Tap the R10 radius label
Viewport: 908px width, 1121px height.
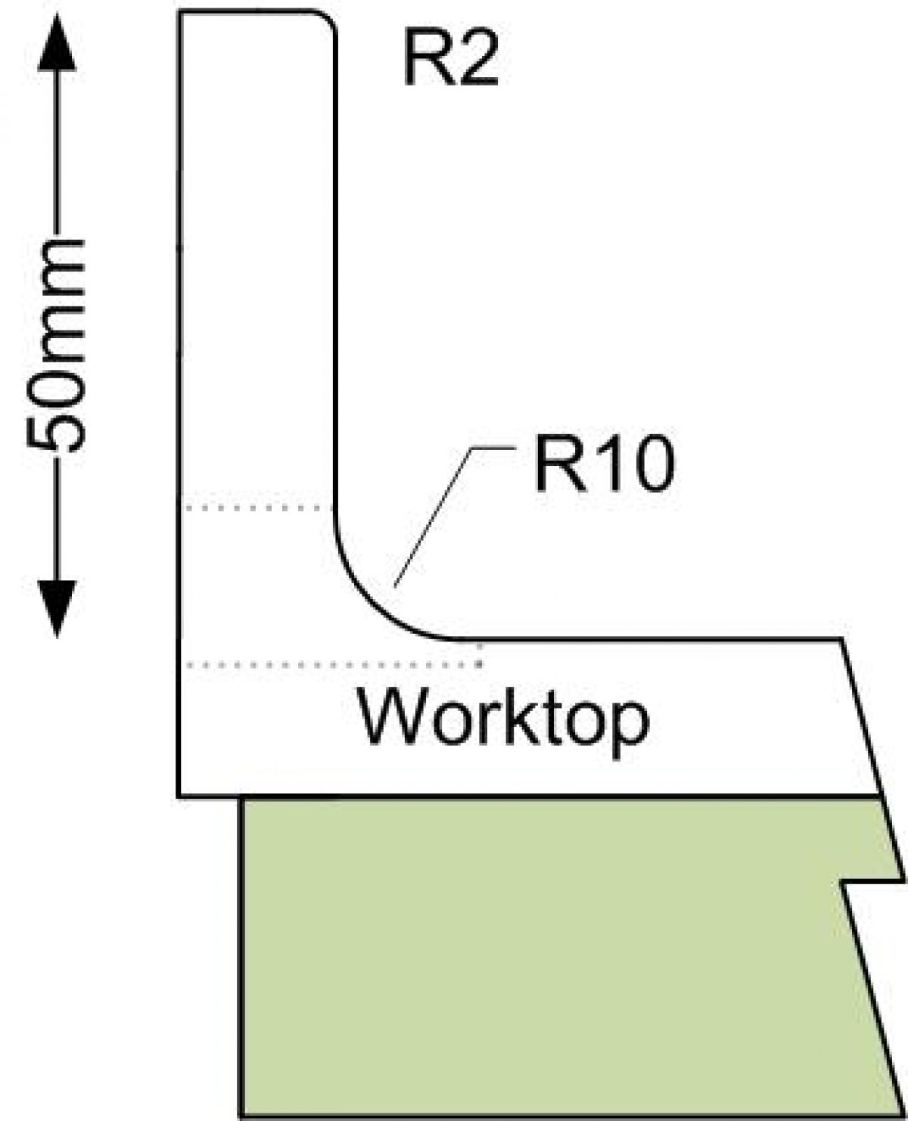[602, 463]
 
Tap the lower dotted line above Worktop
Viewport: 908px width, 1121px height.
[333, 665]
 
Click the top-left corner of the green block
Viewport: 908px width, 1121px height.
[242, 800]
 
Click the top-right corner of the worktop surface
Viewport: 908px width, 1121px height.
[841, 641]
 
